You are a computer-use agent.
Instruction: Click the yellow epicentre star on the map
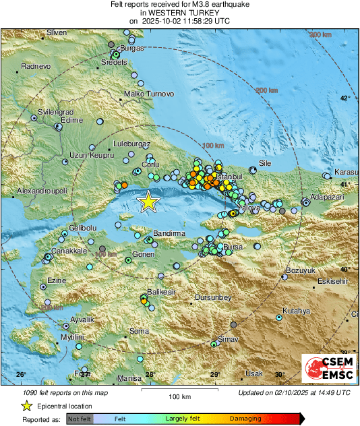[148, 202]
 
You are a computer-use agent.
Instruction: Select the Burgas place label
[132, 49]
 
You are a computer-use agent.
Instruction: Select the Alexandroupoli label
[42, 191]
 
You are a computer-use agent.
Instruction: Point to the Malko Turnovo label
[150, 94]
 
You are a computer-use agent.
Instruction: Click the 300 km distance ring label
[322, 34]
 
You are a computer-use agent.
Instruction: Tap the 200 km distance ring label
[266, 90]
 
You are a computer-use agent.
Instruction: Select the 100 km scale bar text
[179, 396]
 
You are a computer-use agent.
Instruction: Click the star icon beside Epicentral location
[26, 406]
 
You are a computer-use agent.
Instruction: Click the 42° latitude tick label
[344, 98]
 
